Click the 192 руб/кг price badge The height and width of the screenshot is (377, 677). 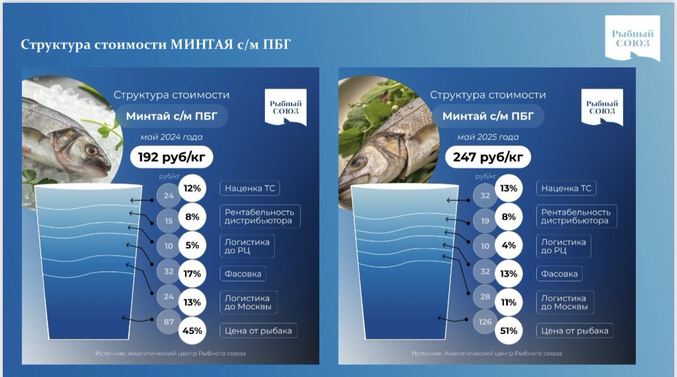(x=171, y=157)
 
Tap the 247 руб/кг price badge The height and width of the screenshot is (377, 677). (x=488, y=157)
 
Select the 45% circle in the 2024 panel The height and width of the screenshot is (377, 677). (x=192, y=331)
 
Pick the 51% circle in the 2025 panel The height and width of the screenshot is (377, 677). (x=509, y=331)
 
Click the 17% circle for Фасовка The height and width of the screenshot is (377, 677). (x=192, y=274)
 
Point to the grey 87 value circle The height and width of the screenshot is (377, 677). (x=168, y=322)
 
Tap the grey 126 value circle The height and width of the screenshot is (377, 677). (x=485, y=322)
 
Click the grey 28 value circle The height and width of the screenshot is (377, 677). (x=485, y=297)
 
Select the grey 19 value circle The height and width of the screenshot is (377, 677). (x=485, y=221)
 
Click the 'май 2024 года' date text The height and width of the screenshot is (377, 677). (x=171, y=137)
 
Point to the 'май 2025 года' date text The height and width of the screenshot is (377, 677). (x=488, y=137)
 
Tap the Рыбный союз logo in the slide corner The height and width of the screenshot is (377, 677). (x=632, y=38)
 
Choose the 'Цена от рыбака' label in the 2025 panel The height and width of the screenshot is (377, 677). (x=575, y=331)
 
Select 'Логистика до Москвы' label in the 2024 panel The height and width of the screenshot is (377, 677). (x=248, y=302)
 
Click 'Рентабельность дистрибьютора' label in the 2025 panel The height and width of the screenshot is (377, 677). (x=576, y=216)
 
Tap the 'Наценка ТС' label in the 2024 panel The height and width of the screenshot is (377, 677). (x=250, y=188)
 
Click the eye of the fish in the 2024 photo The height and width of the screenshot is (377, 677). (x=91, y=150)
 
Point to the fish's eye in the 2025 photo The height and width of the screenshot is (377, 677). (x=357, y=164)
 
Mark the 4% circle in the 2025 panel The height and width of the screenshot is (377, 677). (x=509, y=245)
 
